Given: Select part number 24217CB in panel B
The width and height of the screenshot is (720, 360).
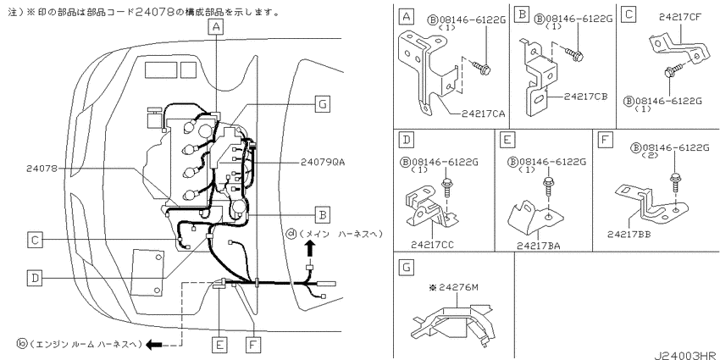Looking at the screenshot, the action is [586, 97].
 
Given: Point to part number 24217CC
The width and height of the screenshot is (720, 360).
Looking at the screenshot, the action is [432, 245].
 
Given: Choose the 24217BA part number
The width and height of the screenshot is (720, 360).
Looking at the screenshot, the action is [538, 246].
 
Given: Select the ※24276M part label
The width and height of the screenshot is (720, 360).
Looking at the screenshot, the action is [453, 287].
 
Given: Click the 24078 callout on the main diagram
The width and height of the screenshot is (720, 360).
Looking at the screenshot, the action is [42, 169].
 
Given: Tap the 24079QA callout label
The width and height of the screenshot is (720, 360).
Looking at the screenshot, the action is [323, 162].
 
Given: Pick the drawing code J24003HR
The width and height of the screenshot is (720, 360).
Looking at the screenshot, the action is [686, 356].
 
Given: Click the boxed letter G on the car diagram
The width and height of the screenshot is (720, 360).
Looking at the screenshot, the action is [323, 105].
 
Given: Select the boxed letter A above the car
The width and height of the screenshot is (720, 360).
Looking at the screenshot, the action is [216, 28].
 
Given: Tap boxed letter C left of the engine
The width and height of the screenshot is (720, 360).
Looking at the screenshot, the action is [35, 239].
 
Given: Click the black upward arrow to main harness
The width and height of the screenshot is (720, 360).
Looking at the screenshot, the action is [310, 250].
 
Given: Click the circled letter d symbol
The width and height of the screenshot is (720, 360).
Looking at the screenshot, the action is [291, 234].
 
